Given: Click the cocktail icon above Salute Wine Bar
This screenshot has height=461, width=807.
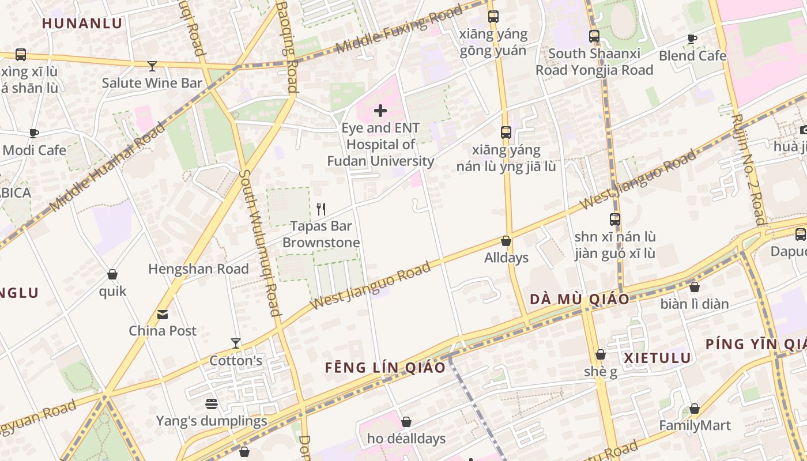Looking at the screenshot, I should coord(152,66).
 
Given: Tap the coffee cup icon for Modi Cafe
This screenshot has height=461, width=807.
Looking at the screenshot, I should coord(34,133).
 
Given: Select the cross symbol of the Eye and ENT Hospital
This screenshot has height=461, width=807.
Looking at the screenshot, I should coord(380,110).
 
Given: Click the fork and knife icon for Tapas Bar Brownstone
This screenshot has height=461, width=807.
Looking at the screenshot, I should coord(322,209).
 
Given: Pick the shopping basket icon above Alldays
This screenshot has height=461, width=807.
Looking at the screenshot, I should coord(506,241).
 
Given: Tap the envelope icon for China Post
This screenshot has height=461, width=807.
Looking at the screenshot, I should coord(163,315).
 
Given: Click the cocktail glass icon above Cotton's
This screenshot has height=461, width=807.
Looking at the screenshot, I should coord(235,343).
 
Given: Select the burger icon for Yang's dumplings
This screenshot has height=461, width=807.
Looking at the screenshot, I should coord(212,404).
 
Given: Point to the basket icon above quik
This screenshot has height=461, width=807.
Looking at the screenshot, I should coord(112,274).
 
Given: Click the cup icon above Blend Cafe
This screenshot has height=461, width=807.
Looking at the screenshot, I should coord(692,39).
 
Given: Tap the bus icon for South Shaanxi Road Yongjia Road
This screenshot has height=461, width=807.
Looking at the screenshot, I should coord(594,36).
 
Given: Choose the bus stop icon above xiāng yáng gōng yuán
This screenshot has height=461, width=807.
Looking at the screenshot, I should coord(493,17).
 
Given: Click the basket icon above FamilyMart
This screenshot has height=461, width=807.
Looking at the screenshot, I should coord(695,409).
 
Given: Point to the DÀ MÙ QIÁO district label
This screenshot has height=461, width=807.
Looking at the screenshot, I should coord(579,299).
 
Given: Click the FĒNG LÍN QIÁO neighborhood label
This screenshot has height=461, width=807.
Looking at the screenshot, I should coord(385,368).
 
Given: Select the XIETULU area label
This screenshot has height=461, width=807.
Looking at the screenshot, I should coord(657,358).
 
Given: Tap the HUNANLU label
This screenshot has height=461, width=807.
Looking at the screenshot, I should coord(82,24).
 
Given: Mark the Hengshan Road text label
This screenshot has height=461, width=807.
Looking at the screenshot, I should coord(198,269).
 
